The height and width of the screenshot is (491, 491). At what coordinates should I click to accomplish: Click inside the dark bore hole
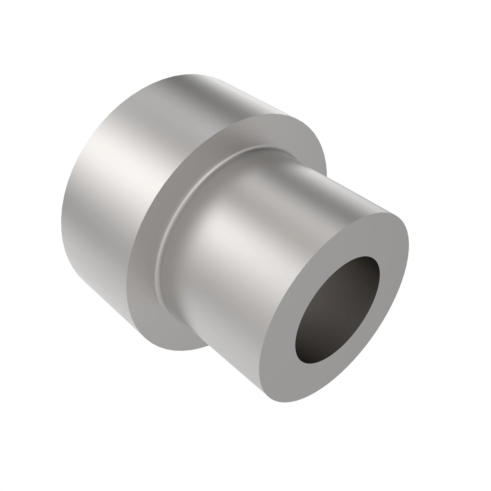tap(338, 310)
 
